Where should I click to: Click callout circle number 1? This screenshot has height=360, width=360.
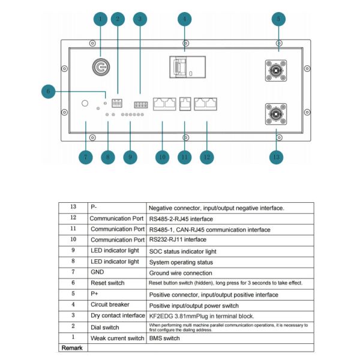point(100,19)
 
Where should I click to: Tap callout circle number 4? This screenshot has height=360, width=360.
point(185,19)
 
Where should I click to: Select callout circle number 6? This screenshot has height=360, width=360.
point(50,91)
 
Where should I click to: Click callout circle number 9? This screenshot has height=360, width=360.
point(130,157)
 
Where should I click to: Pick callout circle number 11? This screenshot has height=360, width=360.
point(185,157)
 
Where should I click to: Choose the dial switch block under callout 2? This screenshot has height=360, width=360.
point(117,102)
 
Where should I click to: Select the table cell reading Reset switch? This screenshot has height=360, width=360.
point(108,283)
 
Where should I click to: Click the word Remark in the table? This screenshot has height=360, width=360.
point(71,348)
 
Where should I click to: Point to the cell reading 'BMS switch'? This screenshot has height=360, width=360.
point(166,338)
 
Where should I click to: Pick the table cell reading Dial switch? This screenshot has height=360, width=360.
point(105,327)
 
